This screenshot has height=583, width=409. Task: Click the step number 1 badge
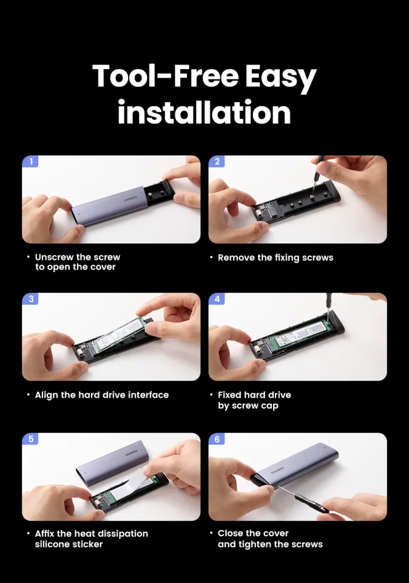point(30,162)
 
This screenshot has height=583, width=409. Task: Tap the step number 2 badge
point(217,162)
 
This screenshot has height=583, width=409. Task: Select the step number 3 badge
point(30,299)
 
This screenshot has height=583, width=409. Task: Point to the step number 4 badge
point(217,299)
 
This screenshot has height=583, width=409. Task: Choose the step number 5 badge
point(30,438)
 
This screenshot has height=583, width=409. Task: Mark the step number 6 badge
point(217,438)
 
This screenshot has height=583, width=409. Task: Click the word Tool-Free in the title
point(165,76)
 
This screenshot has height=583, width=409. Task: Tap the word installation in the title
point(204,112)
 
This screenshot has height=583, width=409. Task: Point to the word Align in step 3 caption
point(47,395)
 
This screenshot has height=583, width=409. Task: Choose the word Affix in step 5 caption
point(44,534)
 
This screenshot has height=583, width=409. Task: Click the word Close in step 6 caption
point(229,533)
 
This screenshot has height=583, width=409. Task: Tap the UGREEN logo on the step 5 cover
point(130,454)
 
